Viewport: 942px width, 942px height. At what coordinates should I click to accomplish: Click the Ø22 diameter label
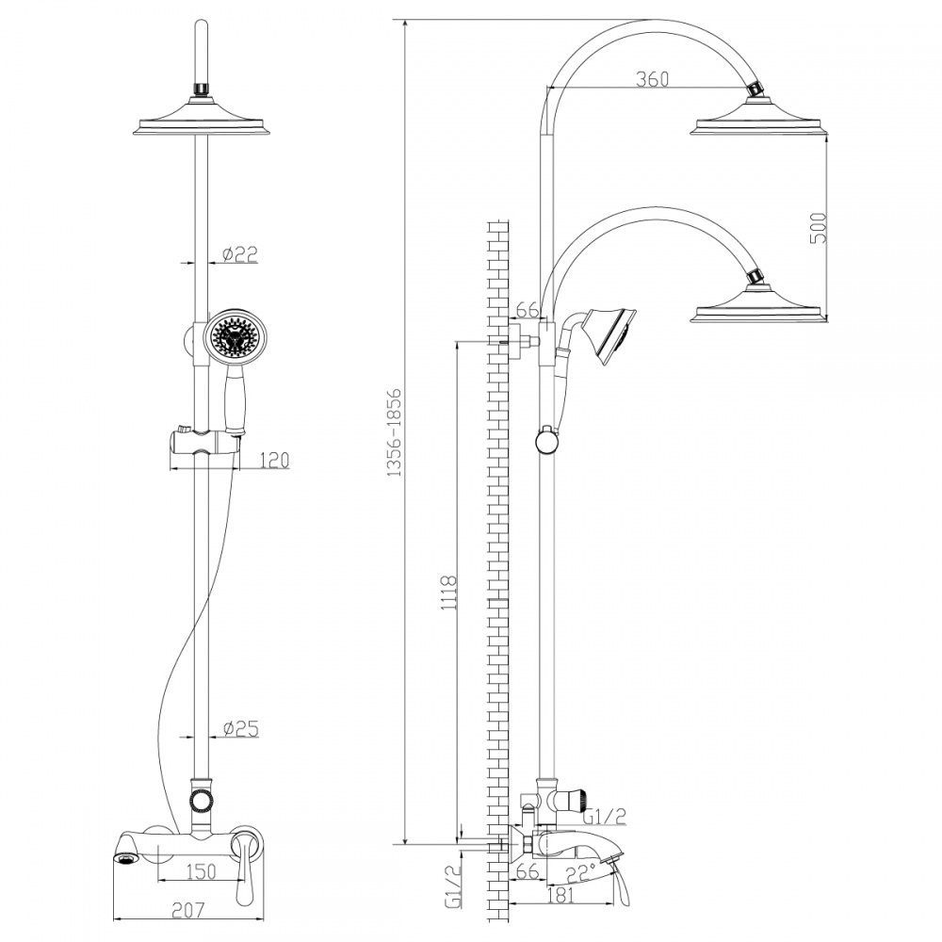(x=240, y=254)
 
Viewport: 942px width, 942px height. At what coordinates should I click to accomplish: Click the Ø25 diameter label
(x=241, y=729)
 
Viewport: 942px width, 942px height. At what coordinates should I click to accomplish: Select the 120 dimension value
(x=275, y=461)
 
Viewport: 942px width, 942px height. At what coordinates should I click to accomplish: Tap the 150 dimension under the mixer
(x=202, y=871)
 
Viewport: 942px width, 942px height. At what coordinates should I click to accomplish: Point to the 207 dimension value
(x=188, y=910)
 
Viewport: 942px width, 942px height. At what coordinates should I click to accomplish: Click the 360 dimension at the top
(x=652, y=79)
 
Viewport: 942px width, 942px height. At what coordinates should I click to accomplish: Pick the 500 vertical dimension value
(x=819, y=228)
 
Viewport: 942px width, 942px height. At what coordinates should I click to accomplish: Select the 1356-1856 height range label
(x=393, y=432)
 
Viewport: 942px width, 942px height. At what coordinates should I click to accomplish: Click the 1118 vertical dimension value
(x=449, y=593)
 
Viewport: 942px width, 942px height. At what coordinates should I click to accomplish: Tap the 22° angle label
(x=580, y=872)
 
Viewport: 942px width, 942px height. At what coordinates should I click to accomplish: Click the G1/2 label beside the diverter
(x=605, y=816)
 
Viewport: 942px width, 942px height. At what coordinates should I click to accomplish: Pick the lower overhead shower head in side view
(x=758, y=305)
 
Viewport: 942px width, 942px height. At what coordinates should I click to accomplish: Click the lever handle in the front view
(x=247, y=865)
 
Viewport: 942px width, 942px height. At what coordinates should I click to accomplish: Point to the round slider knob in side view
(x=547, y=442)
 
